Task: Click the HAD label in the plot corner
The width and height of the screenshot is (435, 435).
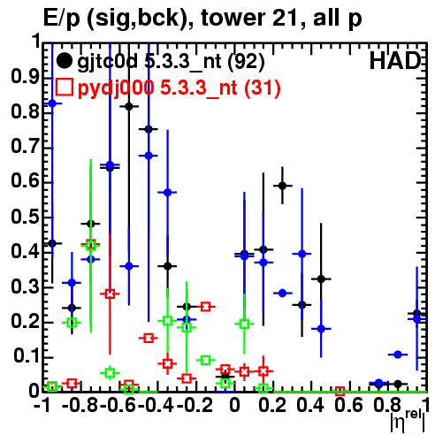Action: [x=395, y=61]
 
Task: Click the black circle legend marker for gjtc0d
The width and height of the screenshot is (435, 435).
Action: [x=64, y=61]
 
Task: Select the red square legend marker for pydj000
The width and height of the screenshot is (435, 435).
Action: [x=64, y=87]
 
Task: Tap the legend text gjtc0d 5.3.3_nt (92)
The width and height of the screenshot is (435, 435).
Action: [x=171, y=62]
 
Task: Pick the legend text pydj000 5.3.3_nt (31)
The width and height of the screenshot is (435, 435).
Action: [x=179, y=88]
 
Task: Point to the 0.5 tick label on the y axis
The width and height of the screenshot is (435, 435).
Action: [x=26, y=217]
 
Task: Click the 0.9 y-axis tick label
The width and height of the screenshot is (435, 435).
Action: [x=26, y=77]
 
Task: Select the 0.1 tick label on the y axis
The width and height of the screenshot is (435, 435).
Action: [x=27, y=356]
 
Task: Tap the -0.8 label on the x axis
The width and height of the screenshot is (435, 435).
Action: [x=80, y=405]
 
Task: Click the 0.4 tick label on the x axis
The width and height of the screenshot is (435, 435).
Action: [x=310, y=405]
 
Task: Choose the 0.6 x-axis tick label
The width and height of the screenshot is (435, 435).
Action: [x=348, y=405]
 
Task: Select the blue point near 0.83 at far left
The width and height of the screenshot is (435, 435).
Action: [x=52, y=103]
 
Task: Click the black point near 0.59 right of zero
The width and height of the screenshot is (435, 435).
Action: [x=282, y=186]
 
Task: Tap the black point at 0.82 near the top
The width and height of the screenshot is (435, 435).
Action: [x=129, y=107]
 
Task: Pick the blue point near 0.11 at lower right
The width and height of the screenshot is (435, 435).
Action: [x=398, y=355]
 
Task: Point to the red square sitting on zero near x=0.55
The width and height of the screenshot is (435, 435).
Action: [x=340, y=392]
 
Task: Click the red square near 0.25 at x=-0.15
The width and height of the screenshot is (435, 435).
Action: [x=205, y=307]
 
